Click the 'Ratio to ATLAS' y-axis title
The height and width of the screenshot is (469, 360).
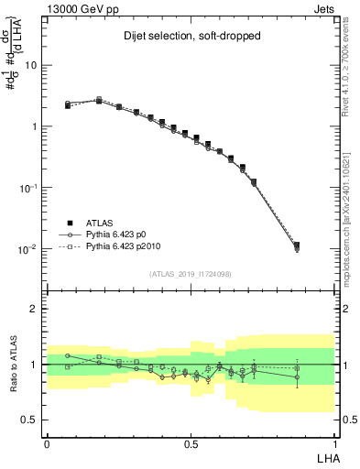pyautogui.click(x=14, y=365)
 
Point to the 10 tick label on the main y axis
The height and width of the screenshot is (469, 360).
pyautogui.click(x=30, y=65)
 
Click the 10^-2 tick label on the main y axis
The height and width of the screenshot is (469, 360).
pyautogui.click(x=28, y=249)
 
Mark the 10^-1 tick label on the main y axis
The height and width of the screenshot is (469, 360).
pyautogui.click(x=28, y=188)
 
